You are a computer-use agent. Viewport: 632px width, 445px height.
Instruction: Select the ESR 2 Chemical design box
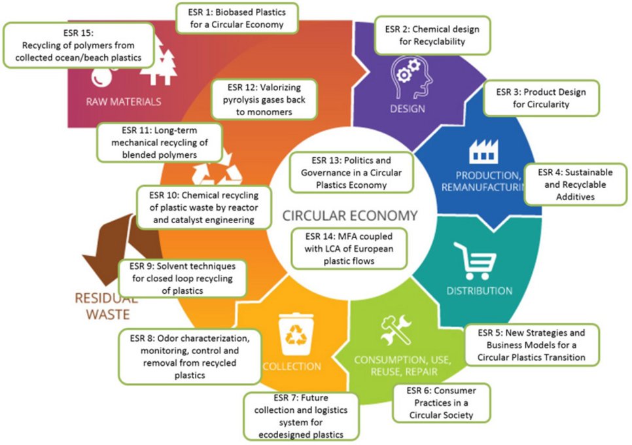(x=432, y=35)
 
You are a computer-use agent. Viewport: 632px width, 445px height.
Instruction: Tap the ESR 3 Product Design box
(x=541, y=98)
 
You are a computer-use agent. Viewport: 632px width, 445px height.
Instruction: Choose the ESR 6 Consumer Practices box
(x=442, y=402)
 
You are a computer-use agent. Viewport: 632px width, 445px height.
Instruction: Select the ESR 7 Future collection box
(x=301, y=417)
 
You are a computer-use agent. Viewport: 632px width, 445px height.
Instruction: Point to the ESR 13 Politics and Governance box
(x=351, y=172)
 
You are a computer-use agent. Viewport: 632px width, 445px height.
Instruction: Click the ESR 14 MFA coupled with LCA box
(x=348, y=249)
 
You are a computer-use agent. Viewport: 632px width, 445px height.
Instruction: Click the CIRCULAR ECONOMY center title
(x=349, y=215)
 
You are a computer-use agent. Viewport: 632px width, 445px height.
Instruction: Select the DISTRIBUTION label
(x=479, y=291)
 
